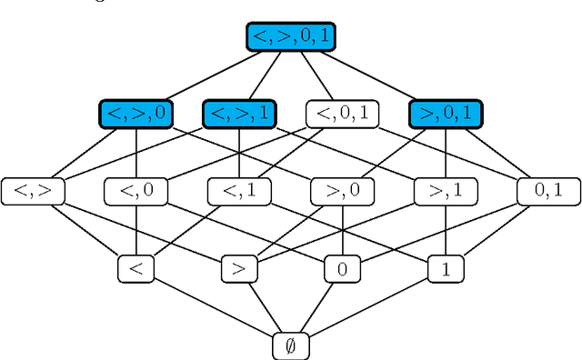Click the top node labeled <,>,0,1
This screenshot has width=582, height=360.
point(290,36)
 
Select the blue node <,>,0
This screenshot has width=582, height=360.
point(135,114)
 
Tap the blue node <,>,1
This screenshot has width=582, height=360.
point(238,114)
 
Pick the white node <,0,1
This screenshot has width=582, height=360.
point(342,114)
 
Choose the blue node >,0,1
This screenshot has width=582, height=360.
point(445,114)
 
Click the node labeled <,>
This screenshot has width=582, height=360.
point(33,191)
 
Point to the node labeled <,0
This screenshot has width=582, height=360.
point(135,191)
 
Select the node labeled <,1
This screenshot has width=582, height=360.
point(238,191)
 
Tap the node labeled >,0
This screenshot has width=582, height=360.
point(342,191)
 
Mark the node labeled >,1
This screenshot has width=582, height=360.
point(445,191)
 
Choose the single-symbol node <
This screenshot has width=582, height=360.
point(135,268)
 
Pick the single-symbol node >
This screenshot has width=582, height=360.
point(238,268)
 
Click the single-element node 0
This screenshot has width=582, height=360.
point(342,268)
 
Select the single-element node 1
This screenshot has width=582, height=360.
point(445,268)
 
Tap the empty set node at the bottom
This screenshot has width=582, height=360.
point(290,345)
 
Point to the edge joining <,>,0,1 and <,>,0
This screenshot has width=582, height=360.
point(213,75)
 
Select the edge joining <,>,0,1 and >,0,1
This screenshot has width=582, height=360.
point(367,75)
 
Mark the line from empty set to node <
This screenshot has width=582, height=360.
point(213,307)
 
